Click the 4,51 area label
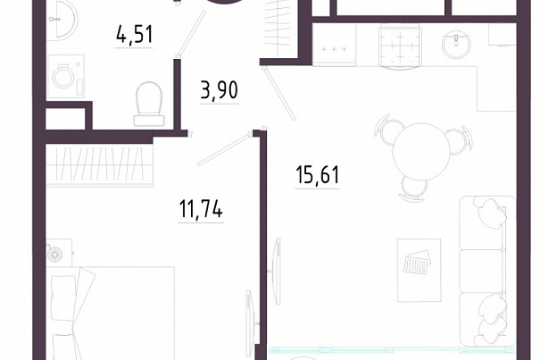[x=134, y=35]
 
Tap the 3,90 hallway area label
[x=219, y=90]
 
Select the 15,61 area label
[x=317, y=175]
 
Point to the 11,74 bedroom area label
[x=201, y=209]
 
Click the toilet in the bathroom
[x=149, y=104]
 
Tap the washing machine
[x=66, y=76]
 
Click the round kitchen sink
[x=456, y=44]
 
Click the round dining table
[x=422, y=152]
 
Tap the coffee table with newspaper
[x=420, y=270]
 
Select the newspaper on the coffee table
[x=418, y=262]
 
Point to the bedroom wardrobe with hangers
[x=100, y=165]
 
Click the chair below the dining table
[x=413, y=188]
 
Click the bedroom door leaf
[x=223, y=149]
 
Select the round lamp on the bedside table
[x=55, y=255]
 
